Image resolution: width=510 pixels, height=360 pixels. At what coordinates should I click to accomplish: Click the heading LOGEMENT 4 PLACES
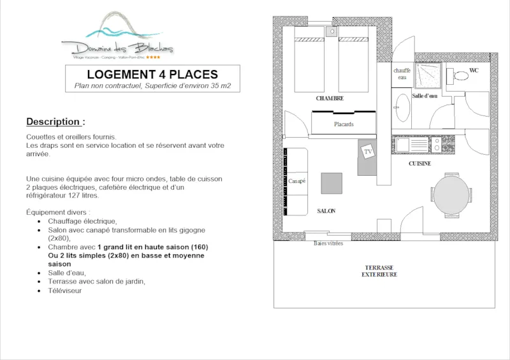pyautogui.click(x=152, y=75)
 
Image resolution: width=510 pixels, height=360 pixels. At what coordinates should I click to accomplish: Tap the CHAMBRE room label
pyautogui.click(x=330, y=99)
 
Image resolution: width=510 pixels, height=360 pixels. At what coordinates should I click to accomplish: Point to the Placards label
pyautogui.click(x=344, y=124)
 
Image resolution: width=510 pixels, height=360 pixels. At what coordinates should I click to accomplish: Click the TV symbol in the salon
pyautogui.click(x=368, y=152)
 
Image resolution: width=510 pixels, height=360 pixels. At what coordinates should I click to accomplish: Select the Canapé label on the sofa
pyautogui.click(x=296, y=181)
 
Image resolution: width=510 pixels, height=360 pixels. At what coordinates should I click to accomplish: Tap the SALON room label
pyautogui.click(x=326, y=211)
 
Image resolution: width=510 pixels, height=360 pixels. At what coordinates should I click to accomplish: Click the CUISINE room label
pyautogui.click(x=420, y=164)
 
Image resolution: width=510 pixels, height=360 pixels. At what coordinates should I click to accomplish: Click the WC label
pyautogui.click(x=474, y=70)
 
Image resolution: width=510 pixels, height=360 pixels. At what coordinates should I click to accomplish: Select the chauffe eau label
pyautogui.click(x=402, y=73)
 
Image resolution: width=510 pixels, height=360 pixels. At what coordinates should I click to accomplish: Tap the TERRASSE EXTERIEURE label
pyautogui.click(x=379, y=271)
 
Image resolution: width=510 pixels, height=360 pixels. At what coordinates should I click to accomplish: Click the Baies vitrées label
pyautogui.click(x=328, y=243)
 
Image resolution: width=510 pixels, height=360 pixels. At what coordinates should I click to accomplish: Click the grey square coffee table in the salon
pyautogui.click(x=331, y=183)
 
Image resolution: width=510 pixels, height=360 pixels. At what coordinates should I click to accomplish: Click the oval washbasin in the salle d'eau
pyautogui.click(x=402, y=107)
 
